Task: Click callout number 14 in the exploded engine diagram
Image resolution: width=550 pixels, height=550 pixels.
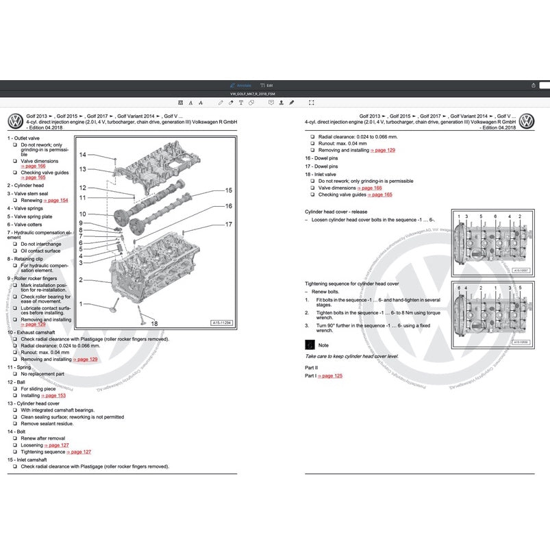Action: coord(82,155)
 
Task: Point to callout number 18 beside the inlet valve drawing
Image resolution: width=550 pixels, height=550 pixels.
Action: coord(154,323)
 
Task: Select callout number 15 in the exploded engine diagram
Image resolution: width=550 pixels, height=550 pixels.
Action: coord(228,190)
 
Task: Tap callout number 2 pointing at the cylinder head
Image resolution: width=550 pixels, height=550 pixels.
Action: coord(81,279)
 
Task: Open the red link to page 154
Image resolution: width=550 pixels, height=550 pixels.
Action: coord(55,200)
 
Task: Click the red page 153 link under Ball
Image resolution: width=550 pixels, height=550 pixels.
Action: coord(54,395)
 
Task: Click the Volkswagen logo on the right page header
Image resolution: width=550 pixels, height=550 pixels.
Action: coord(526,122)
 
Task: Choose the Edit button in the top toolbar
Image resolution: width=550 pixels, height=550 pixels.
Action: coord(266,85)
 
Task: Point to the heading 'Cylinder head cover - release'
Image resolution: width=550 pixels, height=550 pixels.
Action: coord(336,212)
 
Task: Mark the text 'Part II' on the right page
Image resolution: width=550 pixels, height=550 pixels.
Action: coord(312,368)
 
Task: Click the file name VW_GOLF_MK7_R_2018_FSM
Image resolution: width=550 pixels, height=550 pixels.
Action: coord(253,93)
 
